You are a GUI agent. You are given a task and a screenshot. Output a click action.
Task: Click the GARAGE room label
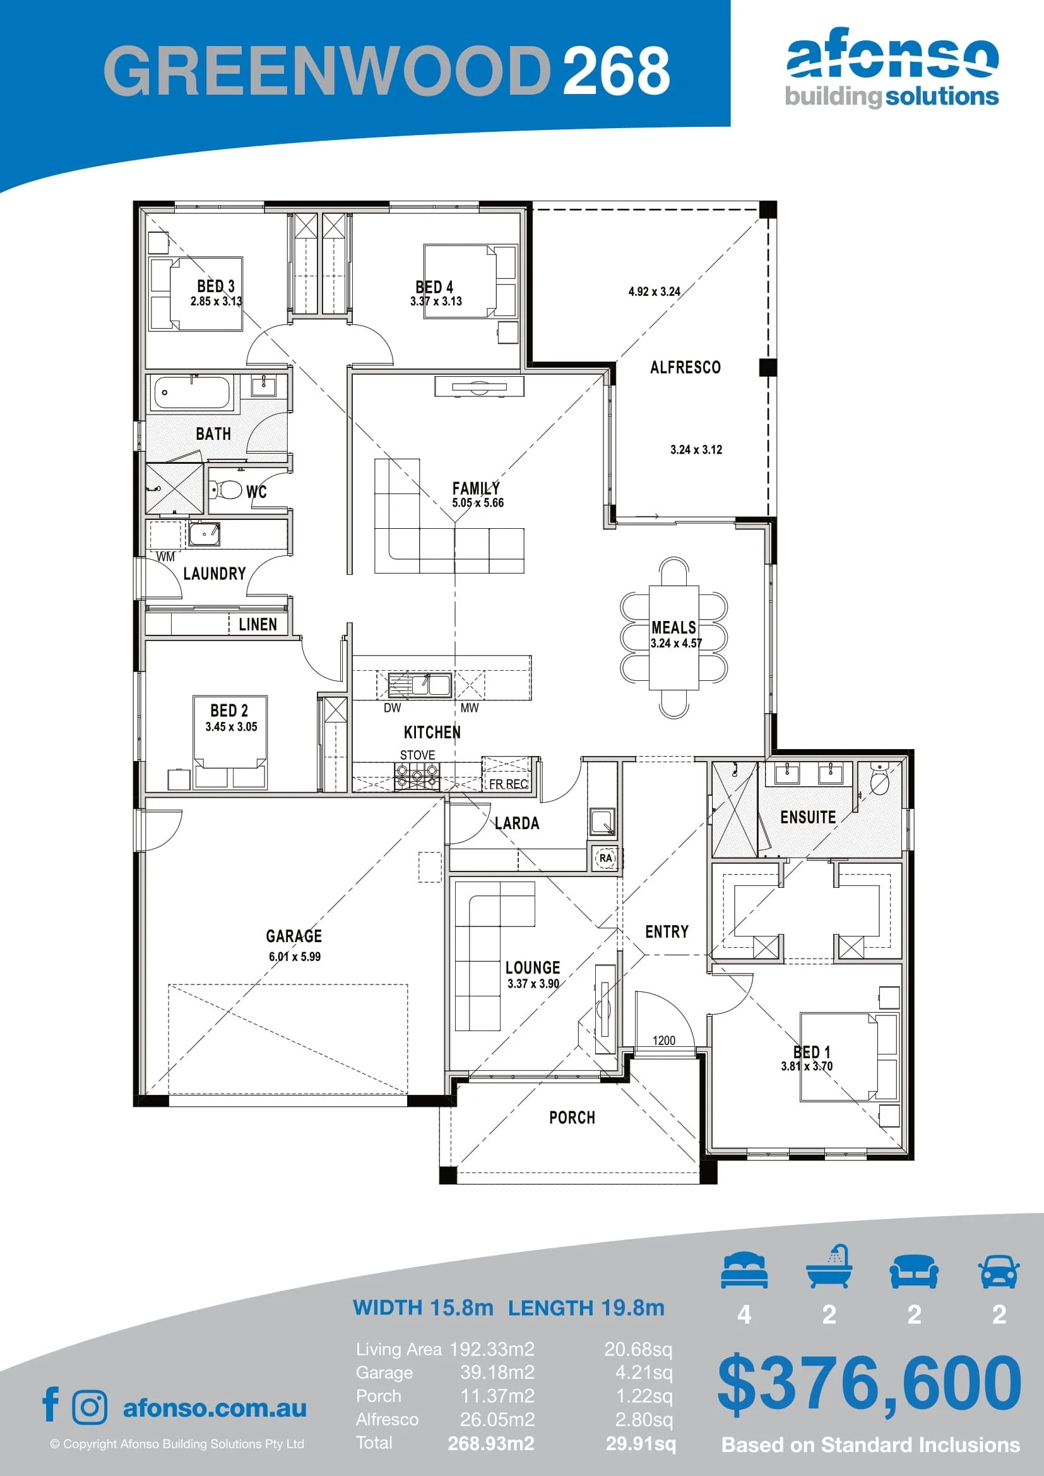point(294,935)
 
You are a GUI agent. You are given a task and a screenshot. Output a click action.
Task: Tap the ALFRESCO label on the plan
point(685,367)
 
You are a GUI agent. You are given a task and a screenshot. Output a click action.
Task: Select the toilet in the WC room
point(225,490)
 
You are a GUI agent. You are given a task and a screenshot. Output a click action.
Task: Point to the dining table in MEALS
point(673,637)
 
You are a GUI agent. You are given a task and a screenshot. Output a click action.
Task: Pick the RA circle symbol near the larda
point(605,858)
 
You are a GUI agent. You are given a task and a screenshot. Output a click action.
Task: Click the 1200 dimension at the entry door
point(664,1040)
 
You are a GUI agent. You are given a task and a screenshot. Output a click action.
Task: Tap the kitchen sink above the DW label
point(419,685)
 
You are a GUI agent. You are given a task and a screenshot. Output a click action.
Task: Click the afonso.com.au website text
point(215,1408)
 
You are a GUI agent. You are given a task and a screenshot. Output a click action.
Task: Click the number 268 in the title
point(617,70)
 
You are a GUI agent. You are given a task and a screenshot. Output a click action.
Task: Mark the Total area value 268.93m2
point(491,1443)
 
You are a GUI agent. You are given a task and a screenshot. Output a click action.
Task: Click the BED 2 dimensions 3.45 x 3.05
point(232,726)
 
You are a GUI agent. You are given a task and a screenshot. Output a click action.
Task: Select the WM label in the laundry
point(165,557)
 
